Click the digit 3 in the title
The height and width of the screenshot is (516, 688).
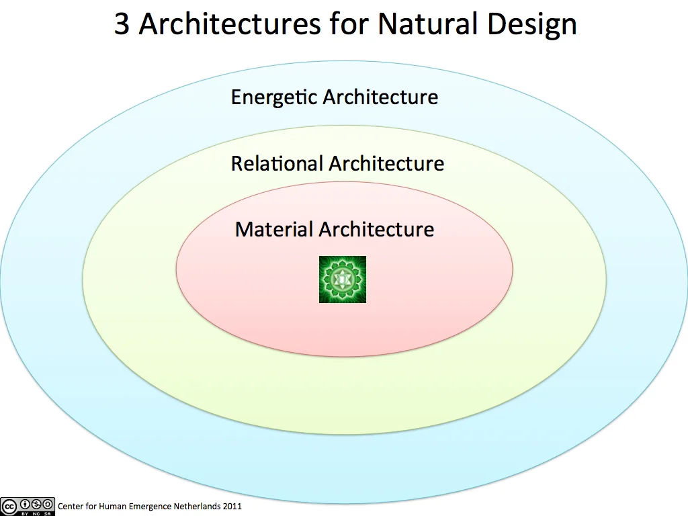coord(122,24)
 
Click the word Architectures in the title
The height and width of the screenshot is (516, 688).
coord(230,24)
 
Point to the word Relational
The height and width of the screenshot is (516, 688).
coord(277,163)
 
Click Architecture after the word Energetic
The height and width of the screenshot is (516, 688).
coord(380,97)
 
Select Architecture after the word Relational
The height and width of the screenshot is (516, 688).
coord(386,163)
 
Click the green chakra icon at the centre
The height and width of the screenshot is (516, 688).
coord(343,279)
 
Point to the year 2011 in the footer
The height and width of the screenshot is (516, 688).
coord(231,506)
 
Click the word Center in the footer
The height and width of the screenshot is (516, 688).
coord(71,506)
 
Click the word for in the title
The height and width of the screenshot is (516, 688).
coord(349,24)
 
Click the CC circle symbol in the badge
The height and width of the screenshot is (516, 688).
coord(9,504)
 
